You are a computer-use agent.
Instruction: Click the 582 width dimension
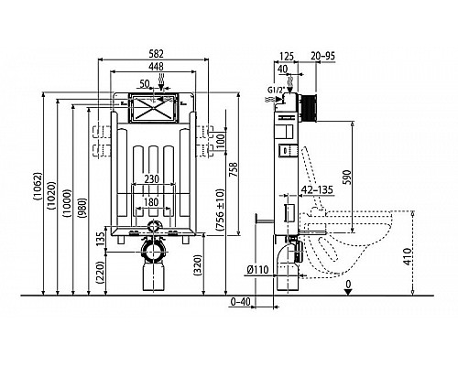click(x=157, y=54)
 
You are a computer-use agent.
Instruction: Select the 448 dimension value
click(x=157, y=66)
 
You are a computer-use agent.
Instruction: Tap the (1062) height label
click(x=38, y=186)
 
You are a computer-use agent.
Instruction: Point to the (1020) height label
click(x=51, y=195)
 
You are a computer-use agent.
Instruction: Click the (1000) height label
click(x=67, y=203)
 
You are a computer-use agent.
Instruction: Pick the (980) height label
click(x=82, y=209)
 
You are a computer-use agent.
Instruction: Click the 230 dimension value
click(x=152, y=178)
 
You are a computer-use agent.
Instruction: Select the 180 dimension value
click(x=151, y=202)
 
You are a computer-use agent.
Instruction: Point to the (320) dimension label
click(x=198, y=264)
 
